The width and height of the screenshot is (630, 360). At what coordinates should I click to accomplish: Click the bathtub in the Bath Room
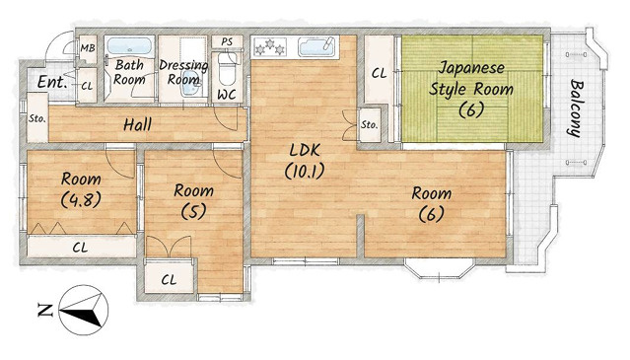[x=129, y=47]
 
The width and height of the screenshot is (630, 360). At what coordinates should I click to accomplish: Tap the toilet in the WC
[x=227, y=69]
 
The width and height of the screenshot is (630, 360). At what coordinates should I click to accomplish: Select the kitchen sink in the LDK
[x=316, y=47]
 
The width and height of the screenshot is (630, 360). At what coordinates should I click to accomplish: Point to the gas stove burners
[x=269, y=46]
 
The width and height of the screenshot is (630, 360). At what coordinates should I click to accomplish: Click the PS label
[x=227, y=41]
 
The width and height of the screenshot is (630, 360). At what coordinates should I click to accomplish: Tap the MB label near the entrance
[x=88, y=48]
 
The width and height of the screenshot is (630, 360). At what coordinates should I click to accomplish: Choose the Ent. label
[x=52, y=83]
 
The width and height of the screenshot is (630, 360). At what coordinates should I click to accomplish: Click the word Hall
[x=137, y=125]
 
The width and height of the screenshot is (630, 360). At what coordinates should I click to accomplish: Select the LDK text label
[x=305, y=150]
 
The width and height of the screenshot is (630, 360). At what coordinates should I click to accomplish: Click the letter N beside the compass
[x=45, y=310]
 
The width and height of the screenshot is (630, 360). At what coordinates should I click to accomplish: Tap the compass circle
[x=84, y=310]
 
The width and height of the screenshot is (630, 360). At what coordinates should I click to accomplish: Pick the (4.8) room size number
[x=81, y=199]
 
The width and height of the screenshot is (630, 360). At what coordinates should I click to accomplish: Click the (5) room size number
[x=193, y=211]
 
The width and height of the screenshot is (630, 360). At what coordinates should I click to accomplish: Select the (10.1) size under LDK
[x=304, y=172]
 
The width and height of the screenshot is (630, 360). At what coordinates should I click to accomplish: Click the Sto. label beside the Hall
[x=36, y=119]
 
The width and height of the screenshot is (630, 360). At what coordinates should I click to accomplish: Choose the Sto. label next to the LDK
[x=369, y=125]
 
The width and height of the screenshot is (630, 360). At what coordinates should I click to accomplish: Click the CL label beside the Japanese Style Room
[x=379, y=74]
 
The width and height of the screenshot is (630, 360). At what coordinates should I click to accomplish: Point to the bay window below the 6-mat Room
[x=440, y=269]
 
